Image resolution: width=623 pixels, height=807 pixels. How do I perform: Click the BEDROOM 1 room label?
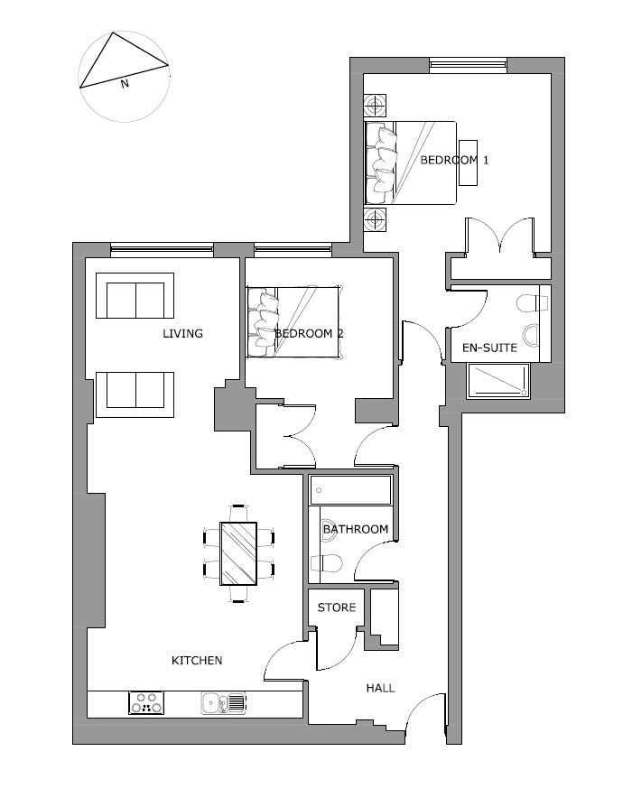(x=454, y=160)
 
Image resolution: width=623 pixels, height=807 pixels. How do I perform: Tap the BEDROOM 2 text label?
(x=309, y=333)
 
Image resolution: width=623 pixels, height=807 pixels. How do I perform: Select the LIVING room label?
(x=182, y=333)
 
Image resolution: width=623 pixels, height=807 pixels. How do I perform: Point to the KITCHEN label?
(x=197, y=661)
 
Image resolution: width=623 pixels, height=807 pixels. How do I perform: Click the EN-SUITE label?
(x=489, y=348)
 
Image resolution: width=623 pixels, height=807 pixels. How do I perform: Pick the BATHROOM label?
(x=356, y=529)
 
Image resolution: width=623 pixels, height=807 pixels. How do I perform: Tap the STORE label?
(x=337, y=608)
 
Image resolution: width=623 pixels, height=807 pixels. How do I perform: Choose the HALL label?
(x=380, y=688)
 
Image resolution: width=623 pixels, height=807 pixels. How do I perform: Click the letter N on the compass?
(x=125, y=83)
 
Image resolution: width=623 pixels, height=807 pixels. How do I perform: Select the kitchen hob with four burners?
(x=147, y=702)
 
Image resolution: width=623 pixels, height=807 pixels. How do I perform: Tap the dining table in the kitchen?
(x=239, y=553)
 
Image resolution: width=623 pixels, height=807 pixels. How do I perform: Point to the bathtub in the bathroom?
(x=350, y=490)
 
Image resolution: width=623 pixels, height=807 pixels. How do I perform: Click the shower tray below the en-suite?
(x=498, y=382)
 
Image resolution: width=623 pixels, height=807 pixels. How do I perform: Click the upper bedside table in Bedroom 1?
(x=375, y=107)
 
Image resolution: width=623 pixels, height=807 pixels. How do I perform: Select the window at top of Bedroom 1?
(x=467, y=64)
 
